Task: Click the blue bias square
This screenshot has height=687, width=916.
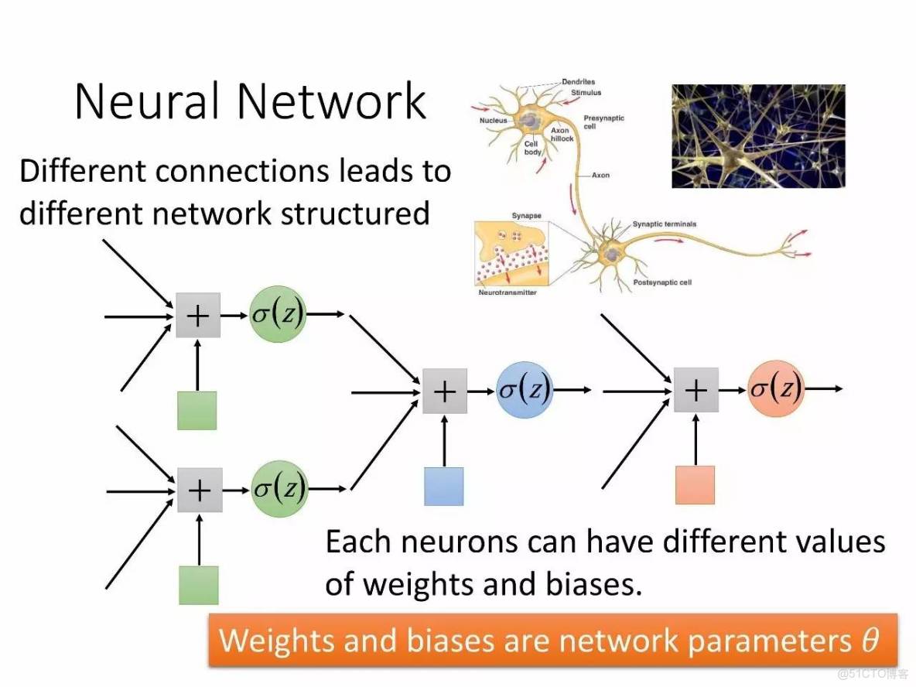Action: tap(444, 486)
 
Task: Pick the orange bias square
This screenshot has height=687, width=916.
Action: tap(695, 485)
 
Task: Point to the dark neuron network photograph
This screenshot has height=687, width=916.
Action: tap(757, 136)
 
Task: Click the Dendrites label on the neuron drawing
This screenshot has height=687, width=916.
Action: tap(578, 82)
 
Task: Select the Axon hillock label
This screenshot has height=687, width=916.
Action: tap(562, 135)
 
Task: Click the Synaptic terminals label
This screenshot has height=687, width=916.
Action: tap(665, 224)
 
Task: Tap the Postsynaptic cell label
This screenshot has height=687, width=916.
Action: tap(662, 283)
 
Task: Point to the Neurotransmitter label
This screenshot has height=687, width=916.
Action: tap(508, 292)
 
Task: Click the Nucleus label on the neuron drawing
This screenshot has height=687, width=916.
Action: tap(493, 121)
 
